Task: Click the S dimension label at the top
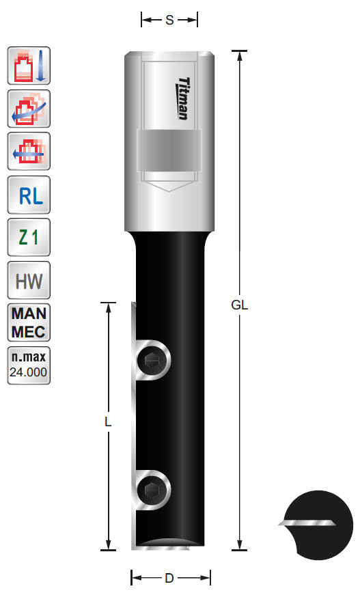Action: click(169, 20)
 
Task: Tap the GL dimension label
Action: click(239, 305)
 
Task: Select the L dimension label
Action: click(108, 422)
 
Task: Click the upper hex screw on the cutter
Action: click(152, 360)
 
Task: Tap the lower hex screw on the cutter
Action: click(152, 490)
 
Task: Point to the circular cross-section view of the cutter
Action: click(317, 524)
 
